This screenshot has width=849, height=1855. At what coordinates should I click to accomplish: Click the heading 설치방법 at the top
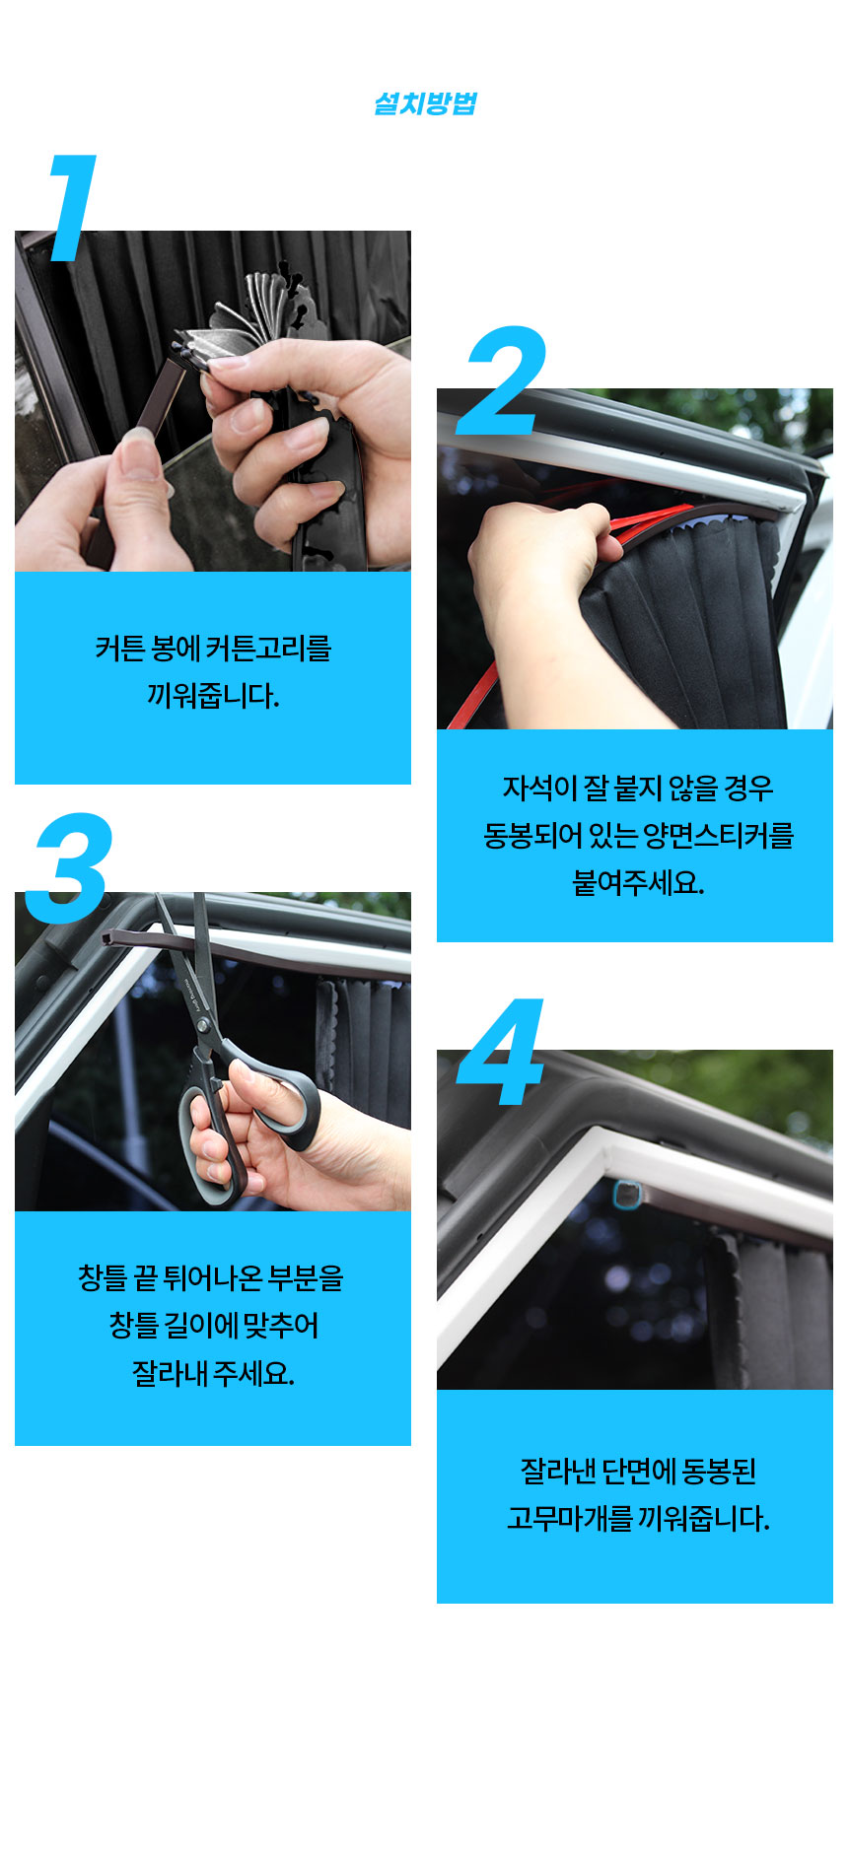click(425, 103)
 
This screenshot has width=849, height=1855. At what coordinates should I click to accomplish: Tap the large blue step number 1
click(72, 208)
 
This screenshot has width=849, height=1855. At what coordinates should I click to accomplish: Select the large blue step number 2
click(505, 380)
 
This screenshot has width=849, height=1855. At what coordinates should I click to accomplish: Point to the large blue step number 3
click(69, 868)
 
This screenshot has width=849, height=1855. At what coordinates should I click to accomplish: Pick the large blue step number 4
click(501, 1052)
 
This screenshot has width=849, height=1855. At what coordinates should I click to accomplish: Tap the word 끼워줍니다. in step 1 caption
click(213, 696)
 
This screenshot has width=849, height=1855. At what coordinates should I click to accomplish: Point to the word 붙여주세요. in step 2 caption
click(638, 882)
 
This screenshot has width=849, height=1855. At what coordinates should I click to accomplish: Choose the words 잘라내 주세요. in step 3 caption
click(213, 1373)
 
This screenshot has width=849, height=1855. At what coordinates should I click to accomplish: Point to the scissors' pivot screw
click(203, 1025)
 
